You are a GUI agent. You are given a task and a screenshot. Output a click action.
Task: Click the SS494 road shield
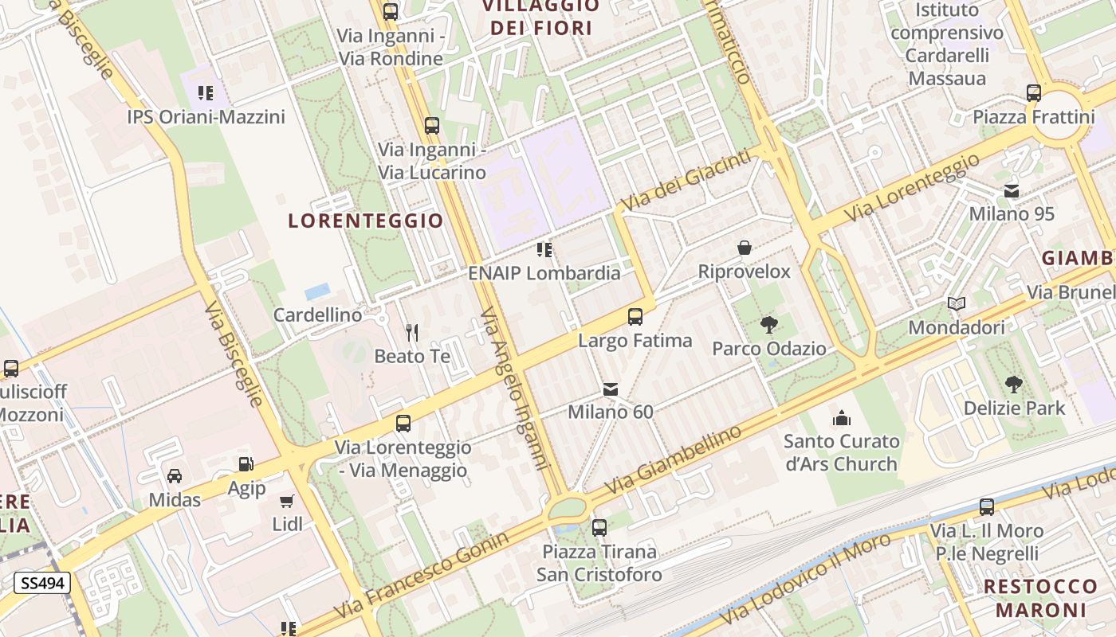point(42,583)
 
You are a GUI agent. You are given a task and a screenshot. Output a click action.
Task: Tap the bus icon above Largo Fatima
point(635,317)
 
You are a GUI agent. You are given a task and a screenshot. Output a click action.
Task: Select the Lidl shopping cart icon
point(287,501)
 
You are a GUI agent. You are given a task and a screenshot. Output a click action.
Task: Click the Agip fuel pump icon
point(246,464)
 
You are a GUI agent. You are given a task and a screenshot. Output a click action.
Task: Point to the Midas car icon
point(175,475)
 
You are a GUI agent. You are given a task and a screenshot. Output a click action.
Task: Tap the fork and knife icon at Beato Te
point(412,332)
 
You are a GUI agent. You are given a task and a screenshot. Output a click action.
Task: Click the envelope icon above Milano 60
point(611,389)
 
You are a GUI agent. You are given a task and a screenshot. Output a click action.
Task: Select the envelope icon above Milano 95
point(1012,190)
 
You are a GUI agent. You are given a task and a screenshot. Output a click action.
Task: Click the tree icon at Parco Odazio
point(768,325)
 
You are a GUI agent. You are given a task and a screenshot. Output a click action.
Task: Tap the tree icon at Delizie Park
point(1014,385)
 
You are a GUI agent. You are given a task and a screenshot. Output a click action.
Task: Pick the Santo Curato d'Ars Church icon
point(842,417)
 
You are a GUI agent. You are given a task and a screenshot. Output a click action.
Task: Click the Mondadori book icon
point(957,304)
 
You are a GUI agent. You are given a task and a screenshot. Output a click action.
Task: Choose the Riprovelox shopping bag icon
point(745,248)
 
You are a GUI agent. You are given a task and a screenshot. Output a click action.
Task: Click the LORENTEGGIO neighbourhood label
point(365,221)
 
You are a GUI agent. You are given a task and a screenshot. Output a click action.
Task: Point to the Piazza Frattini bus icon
point(1034,93)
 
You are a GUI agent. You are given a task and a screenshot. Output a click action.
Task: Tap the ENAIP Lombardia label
point(544,272)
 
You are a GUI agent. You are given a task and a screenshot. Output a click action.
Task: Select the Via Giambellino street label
point(674,459)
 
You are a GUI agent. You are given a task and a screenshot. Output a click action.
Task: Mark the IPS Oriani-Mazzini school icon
point(206,93)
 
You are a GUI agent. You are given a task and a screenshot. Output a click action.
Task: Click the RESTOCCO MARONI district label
point(1040,598)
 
